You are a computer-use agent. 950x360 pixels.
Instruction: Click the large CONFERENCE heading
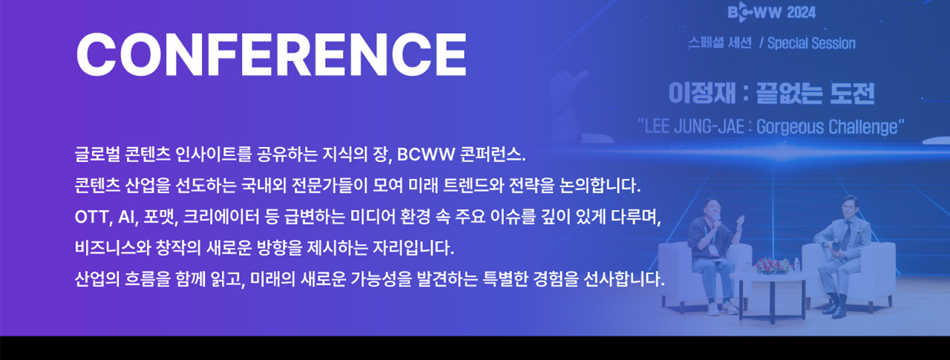click(272, 55)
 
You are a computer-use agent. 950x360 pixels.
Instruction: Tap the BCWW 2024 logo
click(771, 13)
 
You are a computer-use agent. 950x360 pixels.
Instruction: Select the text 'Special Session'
click(811, 43)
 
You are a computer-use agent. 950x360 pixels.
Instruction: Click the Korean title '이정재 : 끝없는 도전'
click(771, 94)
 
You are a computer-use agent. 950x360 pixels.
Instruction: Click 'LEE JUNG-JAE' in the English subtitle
click(694, 127)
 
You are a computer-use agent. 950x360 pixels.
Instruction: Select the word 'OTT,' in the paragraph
click(94, 217)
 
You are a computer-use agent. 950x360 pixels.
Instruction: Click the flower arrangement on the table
click(773, 266)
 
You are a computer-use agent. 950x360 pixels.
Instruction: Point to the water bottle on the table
click(797, 266)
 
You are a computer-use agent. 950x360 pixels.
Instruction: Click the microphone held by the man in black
click(716, 220)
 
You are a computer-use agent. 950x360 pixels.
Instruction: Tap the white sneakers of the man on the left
click(723, 308)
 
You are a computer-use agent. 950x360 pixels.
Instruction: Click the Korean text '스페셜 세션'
click(720, 43)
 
